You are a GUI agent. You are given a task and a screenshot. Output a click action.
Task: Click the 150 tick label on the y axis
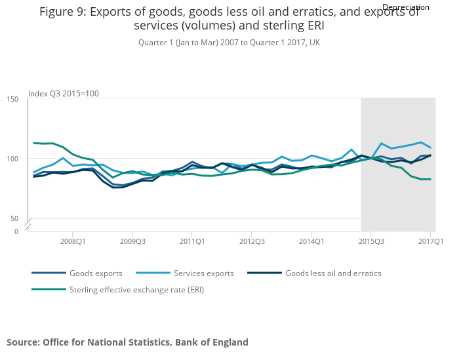pos(13,99)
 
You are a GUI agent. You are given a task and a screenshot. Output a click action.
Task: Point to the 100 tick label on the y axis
pos(13,159)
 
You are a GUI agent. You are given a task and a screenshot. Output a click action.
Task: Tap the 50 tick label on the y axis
pos(15,218)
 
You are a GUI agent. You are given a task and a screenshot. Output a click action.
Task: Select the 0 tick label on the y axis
pos(17,231)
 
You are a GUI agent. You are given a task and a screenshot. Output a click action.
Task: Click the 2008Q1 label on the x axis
pos(72,241)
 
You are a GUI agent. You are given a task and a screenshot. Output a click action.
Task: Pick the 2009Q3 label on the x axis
pos(132,241)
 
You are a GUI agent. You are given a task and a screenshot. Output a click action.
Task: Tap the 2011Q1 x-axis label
pos(191,241)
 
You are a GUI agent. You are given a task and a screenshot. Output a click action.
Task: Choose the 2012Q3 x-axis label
pos(251,241)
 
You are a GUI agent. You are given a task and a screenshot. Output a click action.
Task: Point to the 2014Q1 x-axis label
pos(311,241)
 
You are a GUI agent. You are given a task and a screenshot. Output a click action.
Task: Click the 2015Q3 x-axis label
pos(370,241)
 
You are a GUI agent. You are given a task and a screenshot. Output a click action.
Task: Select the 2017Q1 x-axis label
pos(430,241)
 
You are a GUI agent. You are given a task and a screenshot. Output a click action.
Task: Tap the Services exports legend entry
pos(203,273)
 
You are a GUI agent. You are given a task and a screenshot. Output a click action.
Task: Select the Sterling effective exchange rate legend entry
pos(136,289)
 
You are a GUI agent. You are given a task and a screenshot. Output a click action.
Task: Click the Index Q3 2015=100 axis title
pos(64,94)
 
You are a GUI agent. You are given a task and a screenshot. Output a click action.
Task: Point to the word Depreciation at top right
pos(405,7)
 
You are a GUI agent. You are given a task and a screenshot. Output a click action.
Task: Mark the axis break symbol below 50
pos(29,225)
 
